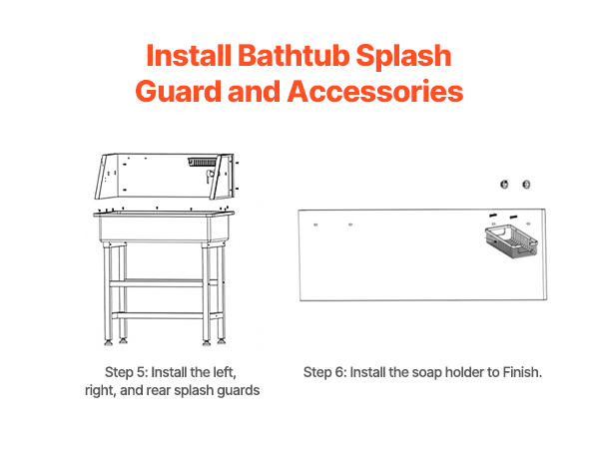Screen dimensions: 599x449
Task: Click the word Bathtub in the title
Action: pos(294,56)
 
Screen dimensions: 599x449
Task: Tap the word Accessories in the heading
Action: pos(375,92)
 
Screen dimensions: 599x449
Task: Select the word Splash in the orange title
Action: pos(403,57)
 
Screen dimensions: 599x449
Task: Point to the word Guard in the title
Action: pos(178,92)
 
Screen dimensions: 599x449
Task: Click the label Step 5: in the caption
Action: pos(126,372)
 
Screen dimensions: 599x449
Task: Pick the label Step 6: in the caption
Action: pos(324,372)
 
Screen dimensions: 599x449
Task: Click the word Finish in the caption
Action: pos(521,372)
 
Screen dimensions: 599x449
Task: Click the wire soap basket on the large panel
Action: pos(511,241)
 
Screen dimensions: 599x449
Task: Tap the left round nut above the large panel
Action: pos(504,185)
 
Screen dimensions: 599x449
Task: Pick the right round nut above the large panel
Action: pos(526,185)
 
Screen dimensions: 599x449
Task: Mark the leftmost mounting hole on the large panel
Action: pos(315,224)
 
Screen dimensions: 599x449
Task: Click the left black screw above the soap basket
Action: pos(493,216)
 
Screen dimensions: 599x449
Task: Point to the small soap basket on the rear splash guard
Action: pos(202,162)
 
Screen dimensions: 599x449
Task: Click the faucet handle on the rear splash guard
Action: pos(209,177)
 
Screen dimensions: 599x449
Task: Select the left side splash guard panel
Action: pos(107,176)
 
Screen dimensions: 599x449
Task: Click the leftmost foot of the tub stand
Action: pos(109,343)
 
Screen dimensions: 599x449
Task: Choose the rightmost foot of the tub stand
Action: pos(221,340)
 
